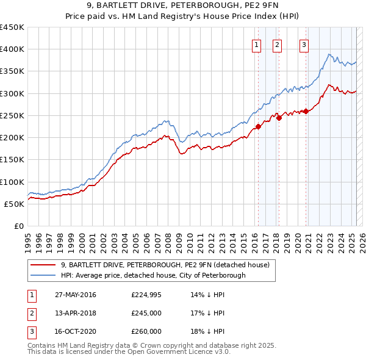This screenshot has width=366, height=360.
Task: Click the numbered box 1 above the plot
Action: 256,44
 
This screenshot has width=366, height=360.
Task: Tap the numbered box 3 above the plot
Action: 304,44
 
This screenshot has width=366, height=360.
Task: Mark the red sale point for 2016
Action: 258,127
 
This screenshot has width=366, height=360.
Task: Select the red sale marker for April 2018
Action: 279,118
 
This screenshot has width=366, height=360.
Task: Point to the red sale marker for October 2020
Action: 306,111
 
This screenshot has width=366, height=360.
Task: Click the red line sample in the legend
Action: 43,265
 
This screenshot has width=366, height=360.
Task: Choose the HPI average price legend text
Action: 152,275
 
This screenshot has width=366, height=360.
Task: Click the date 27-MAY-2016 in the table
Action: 76,295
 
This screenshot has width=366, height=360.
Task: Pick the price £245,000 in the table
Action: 146,313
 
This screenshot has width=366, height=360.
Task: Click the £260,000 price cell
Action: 146,331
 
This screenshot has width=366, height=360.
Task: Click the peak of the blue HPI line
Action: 329,54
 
